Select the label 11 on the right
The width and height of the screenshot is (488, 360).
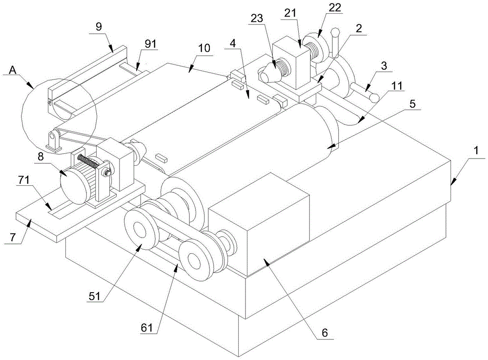(396, 86)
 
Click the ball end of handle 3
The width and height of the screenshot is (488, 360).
(374, 98)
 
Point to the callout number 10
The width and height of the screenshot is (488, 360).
(203, 48)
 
